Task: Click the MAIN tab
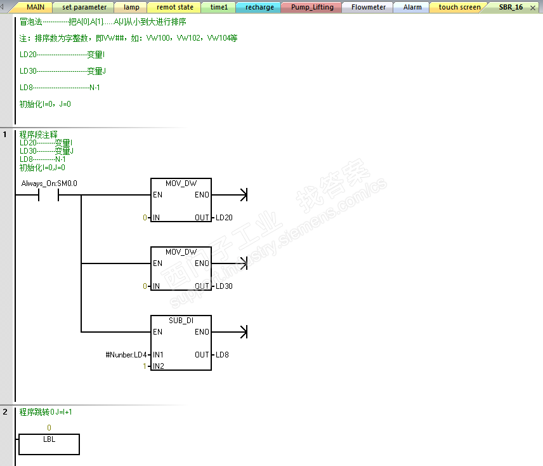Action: (x=36, y=7)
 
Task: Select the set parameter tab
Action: (x=84, y=7)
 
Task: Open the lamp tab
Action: (x=131, y=7)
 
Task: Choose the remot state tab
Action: (x=174, y=7)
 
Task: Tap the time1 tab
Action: (x=219, y=7)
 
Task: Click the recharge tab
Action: (x=259, y=7)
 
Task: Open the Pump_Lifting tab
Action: (x=312, y=7)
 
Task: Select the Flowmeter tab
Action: (x=368, y=7)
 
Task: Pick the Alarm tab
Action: (x=412, y=7)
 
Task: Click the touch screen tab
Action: (x=459, y=7)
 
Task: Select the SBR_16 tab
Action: (x=511, y=7)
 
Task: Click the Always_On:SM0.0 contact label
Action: (x=49, y=183)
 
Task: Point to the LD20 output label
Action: (x=224, y=218)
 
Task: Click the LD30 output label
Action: (x=224, y=286)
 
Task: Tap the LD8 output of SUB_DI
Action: (x=222, y=355)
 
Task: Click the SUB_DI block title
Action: (x=181, y=321)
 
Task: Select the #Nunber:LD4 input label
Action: (x=126, y=355)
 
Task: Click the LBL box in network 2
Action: (x=49, y=444)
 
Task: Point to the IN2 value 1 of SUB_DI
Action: (x=145, y=366)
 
